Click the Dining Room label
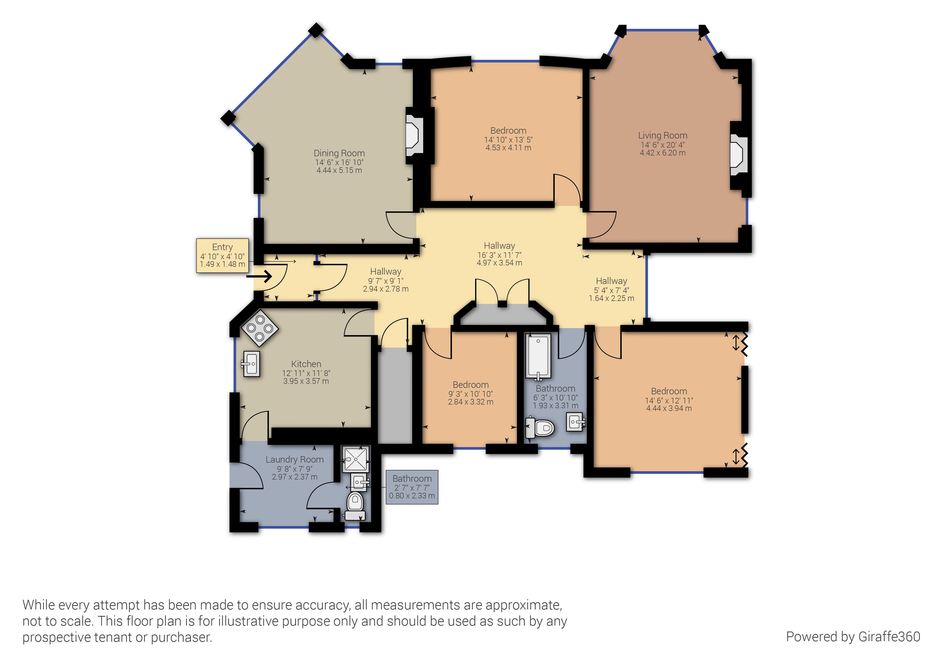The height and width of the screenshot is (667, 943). (339, 153)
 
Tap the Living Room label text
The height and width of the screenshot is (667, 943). (662, 136)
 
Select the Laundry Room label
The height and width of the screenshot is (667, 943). (294, 459)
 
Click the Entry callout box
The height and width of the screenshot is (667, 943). (223, 256)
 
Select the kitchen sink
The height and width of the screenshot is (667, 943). (251, 364)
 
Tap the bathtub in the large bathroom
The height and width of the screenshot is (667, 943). (538, 357)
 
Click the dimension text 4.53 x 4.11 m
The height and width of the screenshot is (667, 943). (509, 148)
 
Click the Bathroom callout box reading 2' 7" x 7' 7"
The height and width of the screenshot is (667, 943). (412, 487)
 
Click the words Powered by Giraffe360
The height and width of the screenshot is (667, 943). (853, 637)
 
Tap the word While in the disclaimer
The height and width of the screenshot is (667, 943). (39, 605)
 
